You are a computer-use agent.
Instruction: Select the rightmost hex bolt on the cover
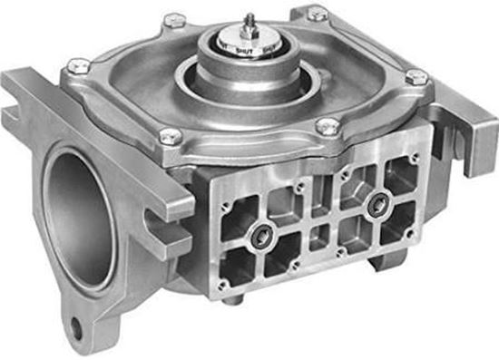pos(416,77)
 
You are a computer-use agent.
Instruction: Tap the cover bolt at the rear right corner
pos(318,14)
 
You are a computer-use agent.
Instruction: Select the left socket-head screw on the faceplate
pos(261,238)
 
